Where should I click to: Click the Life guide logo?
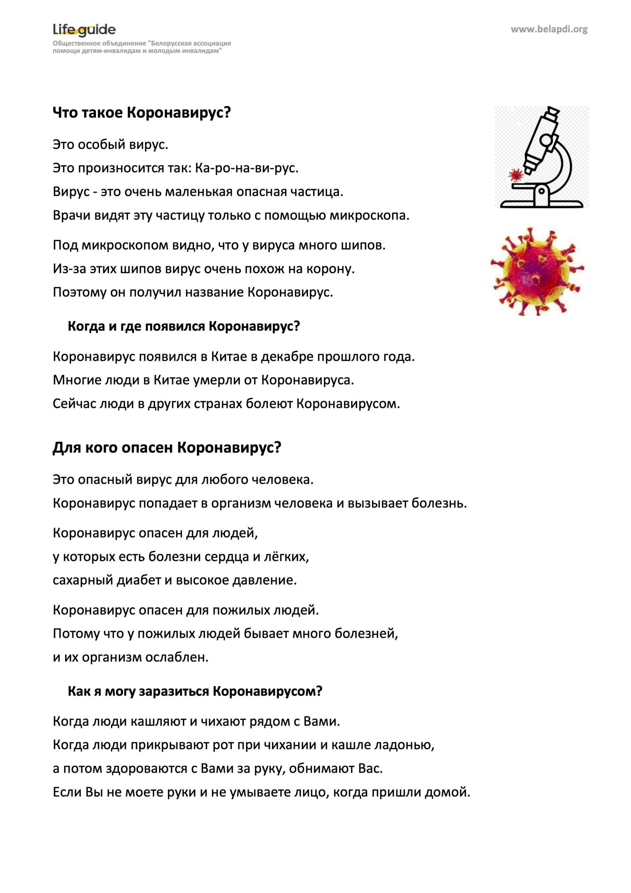(x=84, y=30)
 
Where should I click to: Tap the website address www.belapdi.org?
(x=549, y=29)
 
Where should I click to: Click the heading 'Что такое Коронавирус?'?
(x=142, y=113)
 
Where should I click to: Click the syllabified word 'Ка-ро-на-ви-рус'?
(x=246, y=168)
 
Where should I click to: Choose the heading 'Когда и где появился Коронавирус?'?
(x=184, y=326)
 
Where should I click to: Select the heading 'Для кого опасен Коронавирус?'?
(x=167, y=448)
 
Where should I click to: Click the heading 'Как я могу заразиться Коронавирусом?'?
(x=195, y=691)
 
